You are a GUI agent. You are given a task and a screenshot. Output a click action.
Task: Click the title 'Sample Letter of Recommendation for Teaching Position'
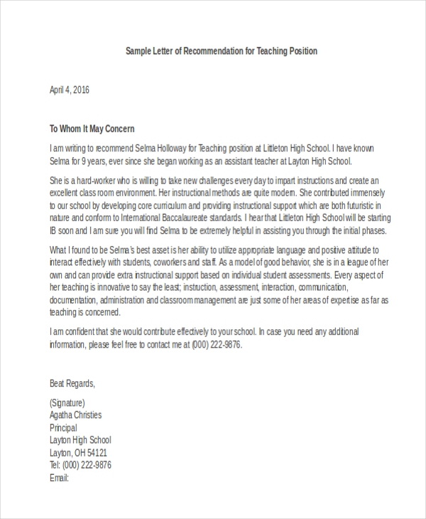(222, 51)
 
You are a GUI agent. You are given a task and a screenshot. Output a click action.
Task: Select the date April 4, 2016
(70, 90)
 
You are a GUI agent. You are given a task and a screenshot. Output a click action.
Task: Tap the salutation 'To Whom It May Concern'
(92, 129)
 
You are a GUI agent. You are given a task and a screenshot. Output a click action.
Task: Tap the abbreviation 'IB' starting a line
(54, 231)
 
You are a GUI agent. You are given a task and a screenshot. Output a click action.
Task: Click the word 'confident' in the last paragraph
(97, 332)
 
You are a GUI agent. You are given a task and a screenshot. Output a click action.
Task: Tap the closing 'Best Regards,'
(72, 383)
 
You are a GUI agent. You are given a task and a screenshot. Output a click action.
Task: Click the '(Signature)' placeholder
(69, 402)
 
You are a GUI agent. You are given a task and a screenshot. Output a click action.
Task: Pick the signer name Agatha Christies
(75, 414)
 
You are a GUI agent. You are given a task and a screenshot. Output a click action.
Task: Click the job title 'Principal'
(63, 427)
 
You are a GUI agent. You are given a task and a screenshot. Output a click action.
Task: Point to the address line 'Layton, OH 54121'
(78, 453)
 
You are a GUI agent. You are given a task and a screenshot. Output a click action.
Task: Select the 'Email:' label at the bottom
(59, 478)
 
